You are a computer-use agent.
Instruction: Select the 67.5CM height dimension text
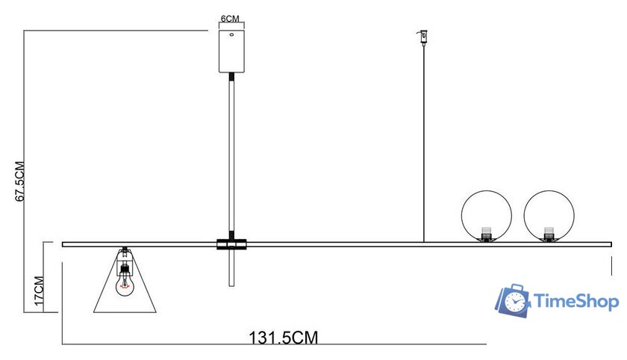pos(22,181)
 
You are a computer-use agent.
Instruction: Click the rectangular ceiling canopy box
pos(231,51)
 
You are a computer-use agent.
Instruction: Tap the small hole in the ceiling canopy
pos(231,34)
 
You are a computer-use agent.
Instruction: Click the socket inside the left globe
pos(487,233)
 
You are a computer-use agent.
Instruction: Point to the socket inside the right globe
pos(549,233)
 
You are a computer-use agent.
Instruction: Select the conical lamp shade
pos(125,295)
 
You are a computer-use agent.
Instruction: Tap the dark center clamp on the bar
pos(231,244)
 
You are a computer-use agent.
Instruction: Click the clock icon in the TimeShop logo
pos(514,301)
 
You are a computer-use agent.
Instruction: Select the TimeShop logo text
pos(576,302)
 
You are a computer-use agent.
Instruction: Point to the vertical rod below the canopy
pos(231,157)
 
